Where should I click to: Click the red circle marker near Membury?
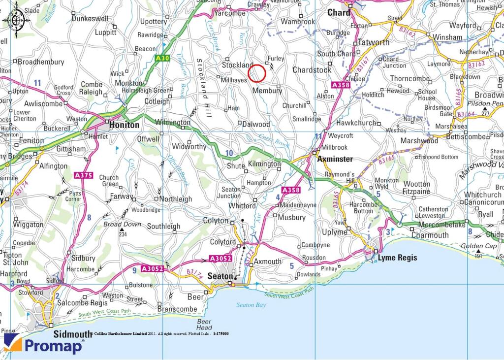click(257, 73)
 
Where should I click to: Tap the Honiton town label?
click(124, 125)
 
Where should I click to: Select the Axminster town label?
click(335, 160)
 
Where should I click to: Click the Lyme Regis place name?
click(397, 258)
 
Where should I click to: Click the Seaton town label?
click(220, 277)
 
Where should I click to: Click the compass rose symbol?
click(16, 20)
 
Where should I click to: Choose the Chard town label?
click(339, 12)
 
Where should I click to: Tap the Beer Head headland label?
click(204, 325)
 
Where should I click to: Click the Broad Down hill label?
click(122, 224)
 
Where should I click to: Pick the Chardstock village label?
click(312, 70)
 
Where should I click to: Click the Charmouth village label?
click(430, 235)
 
